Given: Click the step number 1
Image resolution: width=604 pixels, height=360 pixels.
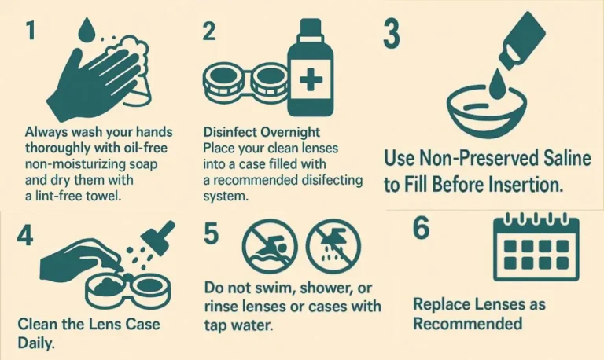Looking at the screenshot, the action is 31,30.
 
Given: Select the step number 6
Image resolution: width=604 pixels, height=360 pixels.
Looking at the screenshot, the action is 421,228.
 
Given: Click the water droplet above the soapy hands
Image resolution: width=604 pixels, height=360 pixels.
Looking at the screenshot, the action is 87,30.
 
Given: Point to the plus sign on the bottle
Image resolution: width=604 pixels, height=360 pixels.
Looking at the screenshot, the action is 311,79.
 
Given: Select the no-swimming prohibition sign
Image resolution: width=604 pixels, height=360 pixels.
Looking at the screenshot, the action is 270,246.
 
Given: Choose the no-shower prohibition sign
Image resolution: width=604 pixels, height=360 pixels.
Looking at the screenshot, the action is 333,246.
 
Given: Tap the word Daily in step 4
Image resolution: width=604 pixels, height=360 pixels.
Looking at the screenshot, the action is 36,343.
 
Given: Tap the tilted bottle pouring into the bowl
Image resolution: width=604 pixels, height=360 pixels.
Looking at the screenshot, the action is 522,40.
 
